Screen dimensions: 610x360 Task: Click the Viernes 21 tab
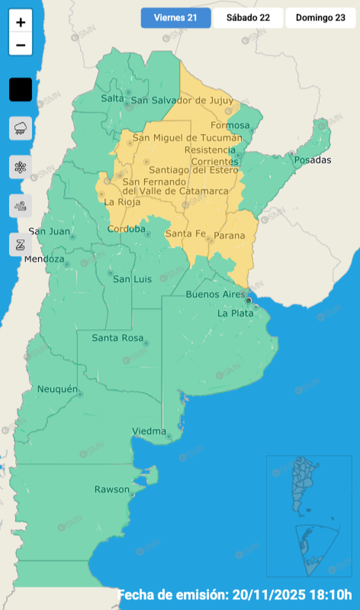click(x=175, y=18)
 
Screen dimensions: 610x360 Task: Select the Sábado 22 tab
click(x=248, y=18)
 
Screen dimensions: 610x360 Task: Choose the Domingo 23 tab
click(x=320, y=18)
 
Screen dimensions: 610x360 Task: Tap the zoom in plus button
click(x=21, y=23)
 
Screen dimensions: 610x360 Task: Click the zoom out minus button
click(x=21, y=45)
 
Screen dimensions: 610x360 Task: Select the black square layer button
click(x=21, y=90)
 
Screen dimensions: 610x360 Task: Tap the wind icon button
click(x=21, y=206)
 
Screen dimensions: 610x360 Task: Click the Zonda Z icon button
click(x=21, y=244)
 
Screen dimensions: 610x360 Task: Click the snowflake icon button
click(x=21, y=167)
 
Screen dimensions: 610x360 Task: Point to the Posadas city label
click(x=313, y=160)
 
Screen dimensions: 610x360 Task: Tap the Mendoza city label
click(x=44, y=259)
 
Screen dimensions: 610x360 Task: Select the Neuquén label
click(x=57, y=389)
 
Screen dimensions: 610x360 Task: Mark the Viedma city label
click(x=149, y=431)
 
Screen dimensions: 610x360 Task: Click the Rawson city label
click(x=112, y=490)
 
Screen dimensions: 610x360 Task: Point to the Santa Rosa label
click(x=117, y=338)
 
